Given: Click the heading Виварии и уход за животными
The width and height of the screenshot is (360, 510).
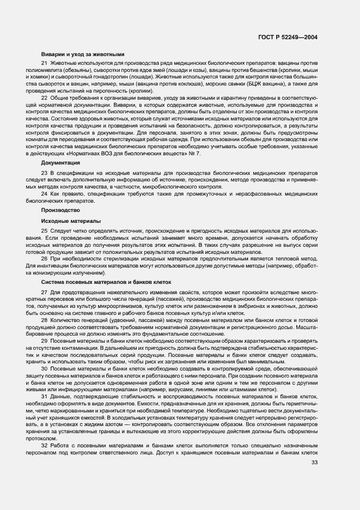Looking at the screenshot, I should (83, 54).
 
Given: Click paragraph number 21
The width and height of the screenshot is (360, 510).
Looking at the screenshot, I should (44, 65).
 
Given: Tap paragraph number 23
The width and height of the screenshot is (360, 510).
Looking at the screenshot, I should (44, 173).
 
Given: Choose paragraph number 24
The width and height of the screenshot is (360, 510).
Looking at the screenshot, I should (44, 193).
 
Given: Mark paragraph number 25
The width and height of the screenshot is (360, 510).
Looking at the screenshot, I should (44, 232).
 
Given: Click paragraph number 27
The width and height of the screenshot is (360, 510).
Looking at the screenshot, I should (44, 293).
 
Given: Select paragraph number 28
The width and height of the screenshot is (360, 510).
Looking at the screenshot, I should (44, 321).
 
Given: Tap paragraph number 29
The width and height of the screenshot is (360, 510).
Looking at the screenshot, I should (44, 341).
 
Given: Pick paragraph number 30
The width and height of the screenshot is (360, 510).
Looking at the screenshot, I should (44, 369).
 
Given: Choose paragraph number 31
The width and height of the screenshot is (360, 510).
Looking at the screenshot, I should (44, 397).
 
